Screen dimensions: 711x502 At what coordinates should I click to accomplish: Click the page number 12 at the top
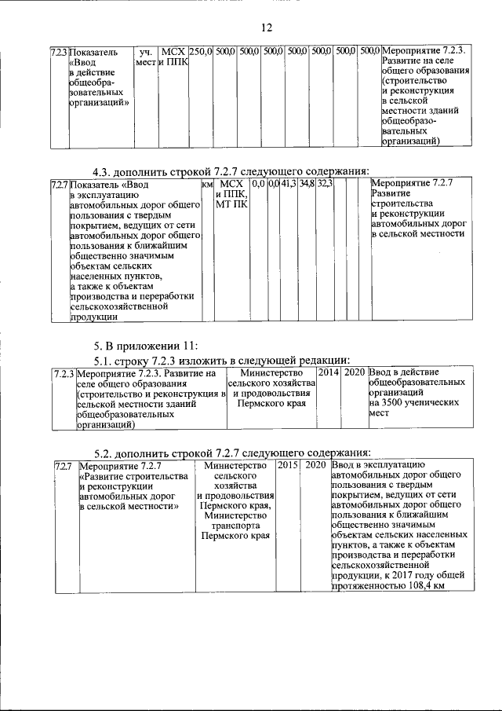point(266,27)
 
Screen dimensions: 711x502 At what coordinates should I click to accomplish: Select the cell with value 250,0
point(201,51)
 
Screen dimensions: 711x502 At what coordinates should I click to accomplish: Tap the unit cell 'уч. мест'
point(144,57)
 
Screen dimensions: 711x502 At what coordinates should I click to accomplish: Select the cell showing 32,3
point(326,184)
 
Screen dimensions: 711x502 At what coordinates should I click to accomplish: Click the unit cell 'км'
point(207,184)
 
